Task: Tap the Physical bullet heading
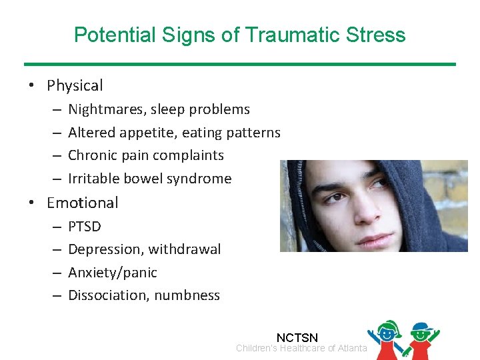(x=75, y=85)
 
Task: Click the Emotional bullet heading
(x=82, y=203)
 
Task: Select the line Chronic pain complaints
(x=146, y=155)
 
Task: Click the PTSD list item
(x=85, y=227)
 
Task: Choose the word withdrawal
(x=185, y=249)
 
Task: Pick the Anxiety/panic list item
(x=113, y=273)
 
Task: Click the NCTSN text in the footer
(x=297, y=339)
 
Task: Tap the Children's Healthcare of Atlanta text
(x=301, y=349)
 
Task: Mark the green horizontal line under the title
(x=240, y=64)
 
